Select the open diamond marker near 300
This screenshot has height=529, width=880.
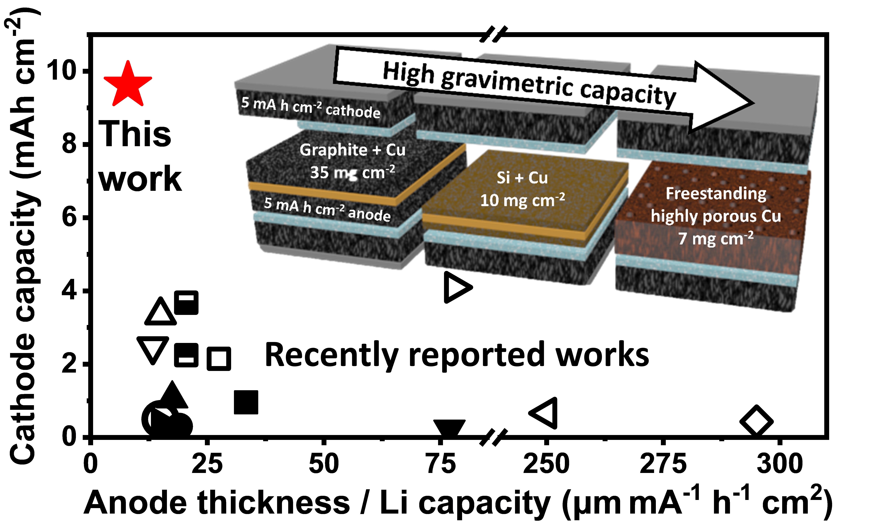coord(756,421)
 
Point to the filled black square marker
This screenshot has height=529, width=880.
coord(246,402)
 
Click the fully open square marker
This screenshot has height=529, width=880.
coord(219,358)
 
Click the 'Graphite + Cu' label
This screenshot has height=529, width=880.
coord(352,150)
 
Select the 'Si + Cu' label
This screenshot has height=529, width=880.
coord(522,177)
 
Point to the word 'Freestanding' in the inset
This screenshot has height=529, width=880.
coord(716,194)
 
